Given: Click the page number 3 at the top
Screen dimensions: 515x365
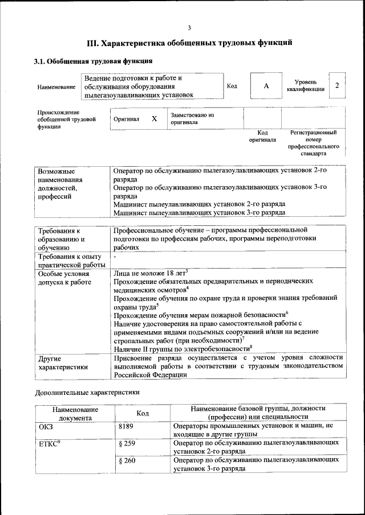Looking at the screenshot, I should [x=189, y=28].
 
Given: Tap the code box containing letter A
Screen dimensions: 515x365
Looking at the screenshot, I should [x=266, y=86].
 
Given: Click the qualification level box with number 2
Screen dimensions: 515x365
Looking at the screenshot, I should [x=338, y=85].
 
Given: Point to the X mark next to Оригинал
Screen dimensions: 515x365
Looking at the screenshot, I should [x=154, y=119].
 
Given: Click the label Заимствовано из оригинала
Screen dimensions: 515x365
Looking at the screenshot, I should [x=192, y=118].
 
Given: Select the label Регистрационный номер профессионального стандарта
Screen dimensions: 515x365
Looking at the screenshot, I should [x=313, y=143].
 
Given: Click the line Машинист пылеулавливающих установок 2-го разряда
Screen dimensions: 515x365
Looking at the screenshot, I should [x=199, y=203].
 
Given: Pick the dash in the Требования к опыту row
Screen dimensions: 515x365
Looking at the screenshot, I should [x=115, y=258].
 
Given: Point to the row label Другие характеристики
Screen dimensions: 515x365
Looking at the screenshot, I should [x=63, y=362].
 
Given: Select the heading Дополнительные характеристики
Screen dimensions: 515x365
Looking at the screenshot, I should [x=87, y=392].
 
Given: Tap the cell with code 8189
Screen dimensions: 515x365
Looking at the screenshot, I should [x=128, y=426].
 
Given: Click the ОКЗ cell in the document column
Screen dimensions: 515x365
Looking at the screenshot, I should [x=45, y=426].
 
